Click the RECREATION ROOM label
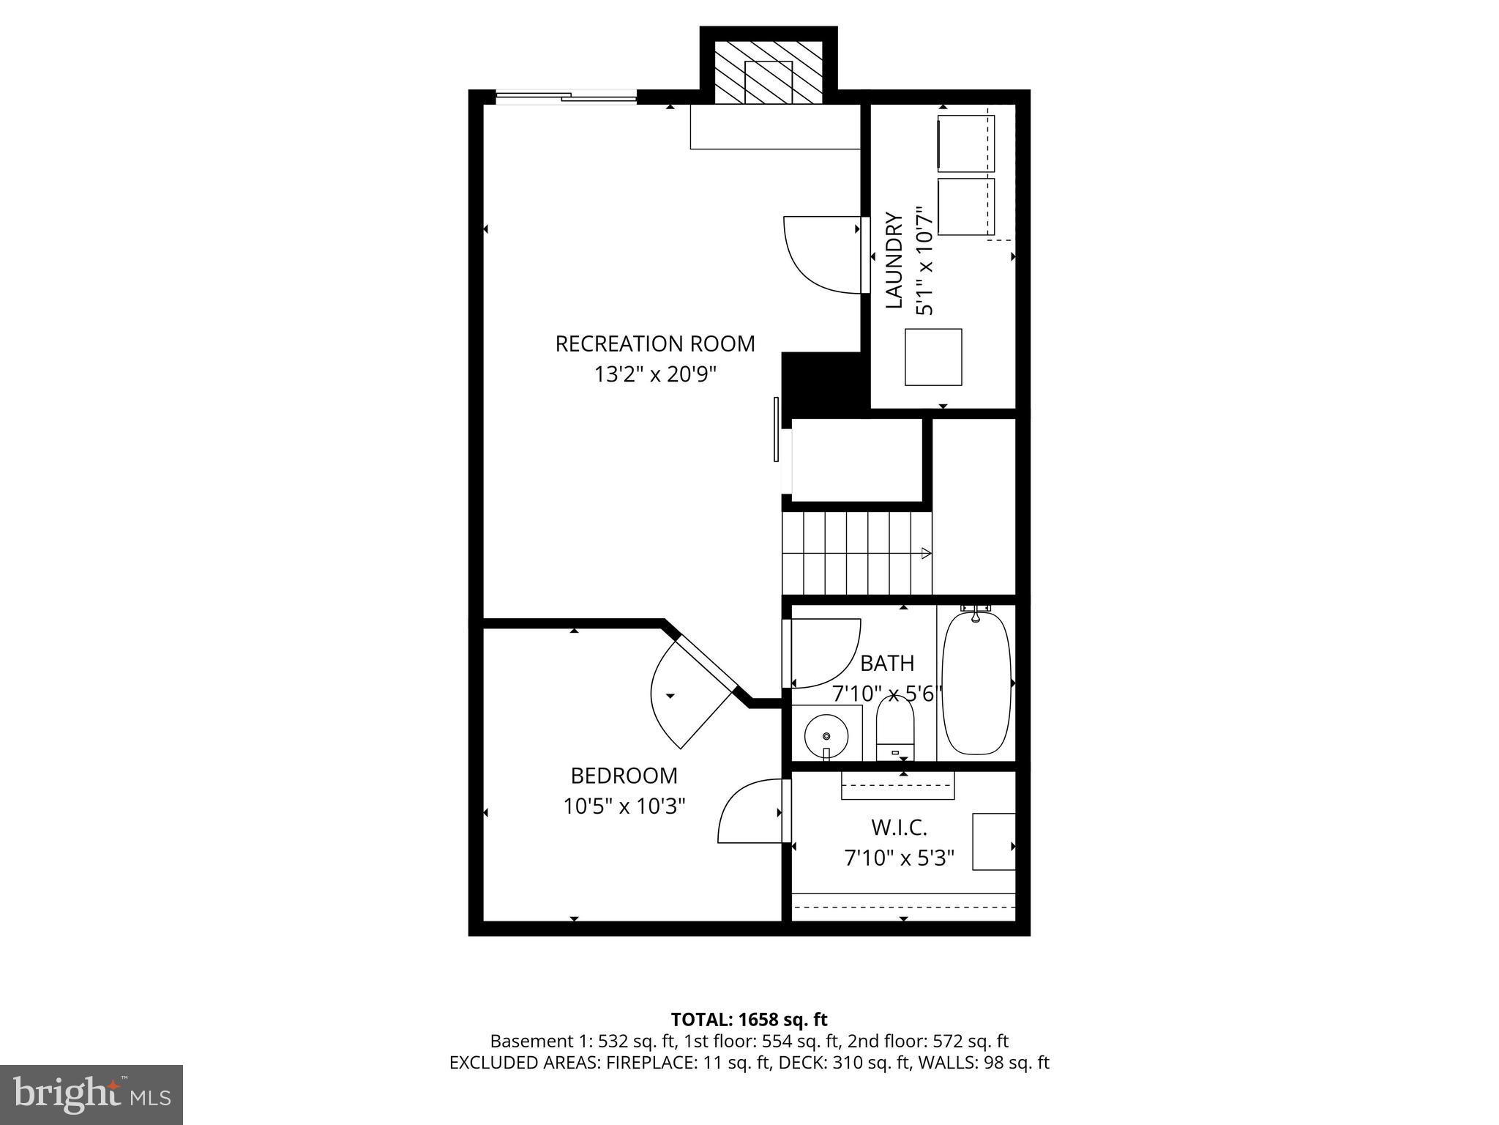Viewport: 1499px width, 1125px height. [x=655, y=344]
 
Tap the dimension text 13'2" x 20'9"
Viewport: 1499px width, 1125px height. [x=655, y=375]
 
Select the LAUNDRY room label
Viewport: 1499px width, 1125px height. [x=894, y=261]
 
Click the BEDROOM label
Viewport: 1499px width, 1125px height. [x=624, y=775]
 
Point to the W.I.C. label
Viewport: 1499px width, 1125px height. [x=899, y=828]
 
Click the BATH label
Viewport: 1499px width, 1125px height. [x=886, y=663]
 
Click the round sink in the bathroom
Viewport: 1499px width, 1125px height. [x=826, y=735]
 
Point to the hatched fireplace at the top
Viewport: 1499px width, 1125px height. [x=768, y=72]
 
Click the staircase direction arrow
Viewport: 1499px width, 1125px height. [x=925, y=553]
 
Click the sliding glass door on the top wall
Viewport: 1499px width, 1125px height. [x=566, y=97]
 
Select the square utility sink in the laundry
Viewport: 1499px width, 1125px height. [x=933, y=357]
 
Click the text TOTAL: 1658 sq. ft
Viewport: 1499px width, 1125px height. [x=749, y=1019]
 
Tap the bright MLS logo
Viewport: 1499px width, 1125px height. [x=91, y=1095]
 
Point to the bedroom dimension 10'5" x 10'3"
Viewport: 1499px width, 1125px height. [x=624, y=806]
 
